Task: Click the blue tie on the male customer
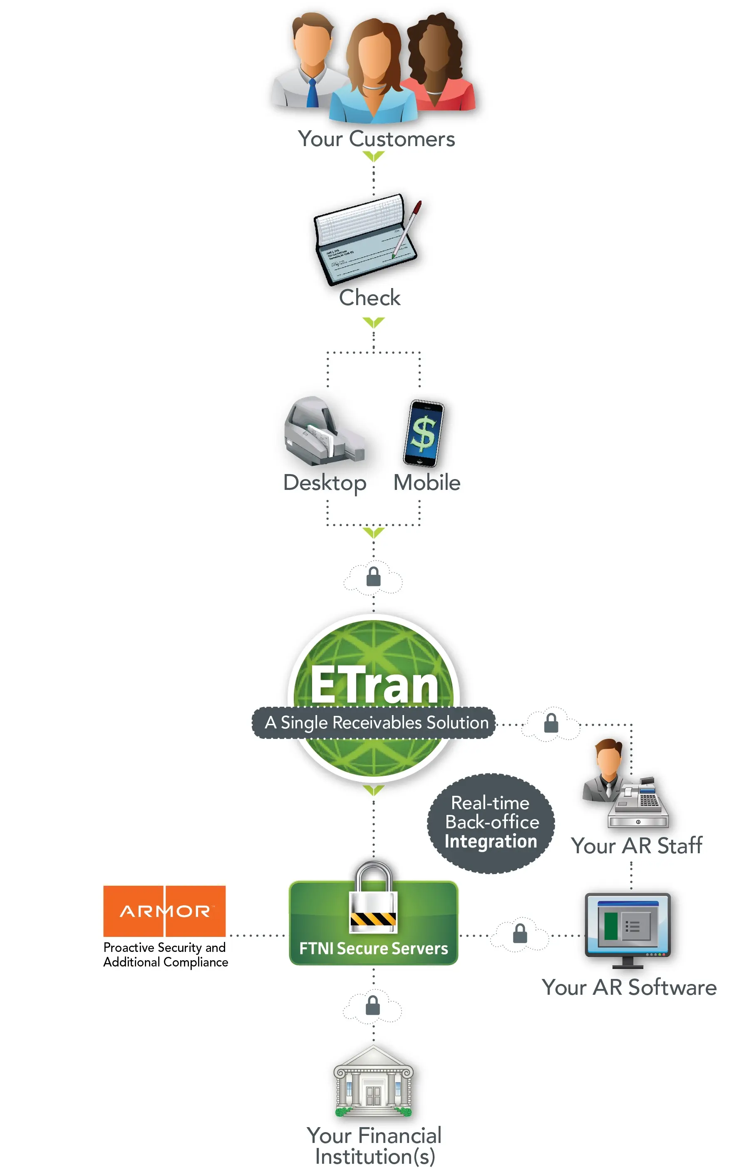coord(312,93)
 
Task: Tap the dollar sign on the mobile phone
coord(423,433)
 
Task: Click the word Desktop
coord(325,482)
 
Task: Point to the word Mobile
coord(427,482)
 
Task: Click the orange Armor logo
coord(164,911)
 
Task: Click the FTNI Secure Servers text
coord(374,948)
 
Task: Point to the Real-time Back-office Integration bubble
coord(491,822)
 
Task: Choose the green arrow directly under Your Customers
coord(374,156)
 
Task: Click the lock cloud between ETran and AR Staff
coord(551,723)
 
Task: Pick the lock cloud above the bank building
coord(372,1006)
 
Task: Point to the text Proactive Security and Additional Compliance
coord(165,954)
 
